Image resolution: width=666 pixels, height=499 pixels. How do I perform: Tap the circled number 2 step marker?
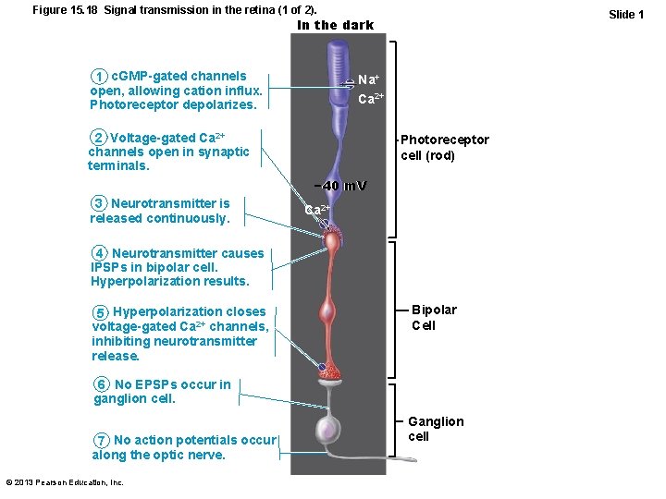click(x=98, y=138)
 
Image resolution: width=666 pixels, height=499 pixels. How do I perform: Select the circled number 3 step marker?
click(x=99, y=203)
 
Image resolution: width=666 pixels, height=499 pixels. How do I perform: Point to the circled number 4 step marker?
click(x=100, y=253)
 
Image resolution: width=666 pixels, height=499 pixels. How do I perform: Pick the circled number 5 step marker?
click(x=101, y=311)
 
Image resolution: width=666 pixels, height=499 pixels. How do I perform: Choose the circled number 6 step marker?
click(x=103, y=384)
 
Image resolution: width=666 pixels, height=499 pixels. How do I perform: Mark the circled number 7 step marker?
click(x=102, y=440)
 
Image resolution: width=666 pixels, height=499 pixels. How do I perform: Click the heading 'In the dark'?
click(x=335, y=25)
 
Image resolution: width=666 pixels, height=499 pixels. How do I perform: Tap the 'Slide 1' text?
click(x=625, y=14)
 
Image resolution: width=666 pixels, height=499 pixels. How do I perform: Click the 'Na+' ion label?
click(x=368, y=80)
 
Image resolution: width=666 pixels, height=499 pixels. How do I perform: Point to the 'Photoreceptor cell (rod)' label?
click(x=444, y=148)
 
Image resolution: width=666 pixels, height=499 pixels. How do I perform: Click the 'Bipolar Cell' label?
click(x=433, y=317)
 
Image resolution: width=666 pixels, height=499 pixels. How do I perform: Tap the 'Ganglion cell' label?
click(x=436, y=429)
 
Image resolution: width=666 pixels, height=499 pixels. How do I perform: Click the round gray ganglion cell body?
click(x=330, y=430)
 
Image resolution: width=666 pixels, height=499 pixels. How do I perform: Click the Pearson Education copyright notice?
click(x=64, y=482)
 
